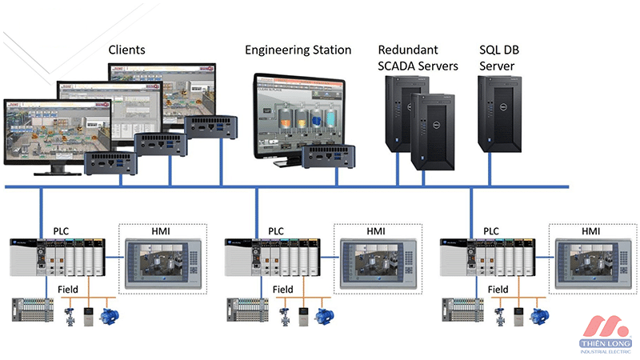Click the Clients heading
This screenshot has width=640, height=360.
click(127, 50)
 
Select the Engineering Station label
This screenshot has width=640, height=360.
click(298, 50)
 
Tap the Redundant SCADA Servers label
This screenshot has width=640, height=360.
click(418, 58)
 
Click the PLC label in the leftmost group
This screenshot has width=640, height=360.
click(62, 230)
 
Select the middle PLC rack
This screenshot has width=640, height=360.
click(272, 256)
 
